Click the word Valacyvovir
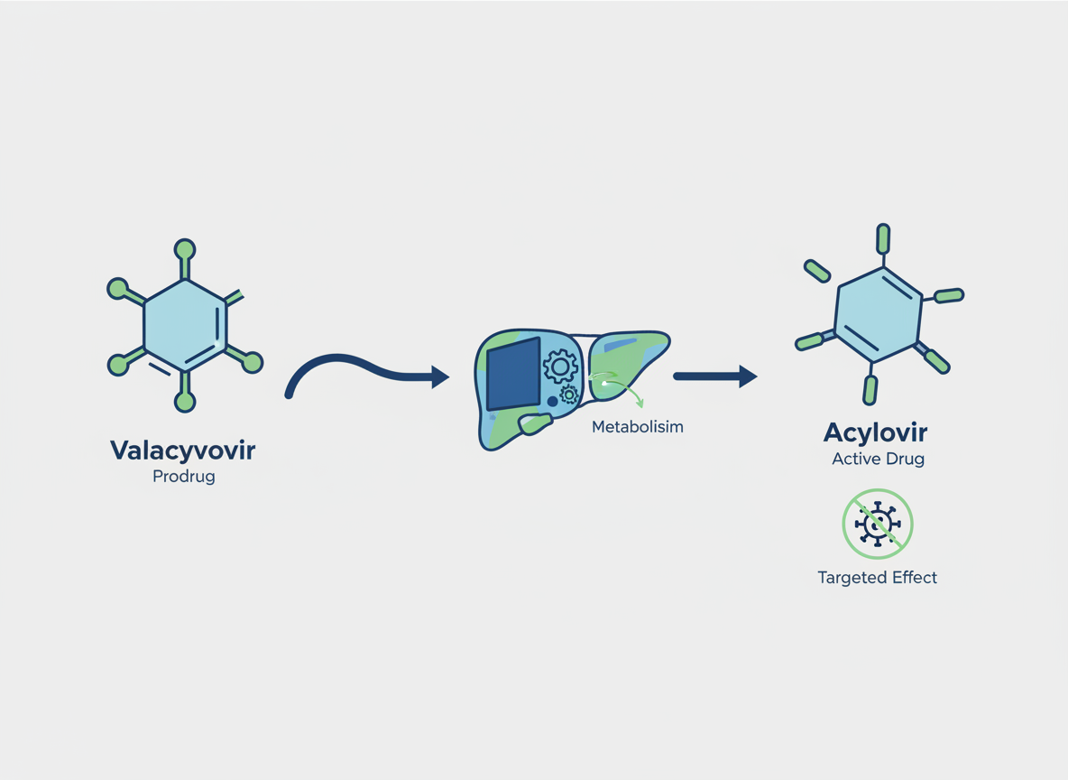[183, 450]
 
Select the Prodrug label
[184, 477]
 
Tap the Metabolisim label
[637, 426]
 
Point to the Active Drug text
[878, 459]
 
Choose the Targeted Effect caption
[877, 578]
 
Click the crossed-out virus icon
[878, 525]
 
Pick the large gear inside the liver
[560, 367]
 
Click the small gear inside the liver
[569, 395]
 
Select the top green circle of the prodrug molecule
[185, 250]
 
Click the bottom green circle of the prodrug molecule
[185, 401]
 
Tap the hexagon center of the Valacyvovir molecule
[185, 326]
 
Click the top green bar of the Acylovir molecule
[883, 239]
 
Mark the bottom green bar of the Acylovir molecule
[870, 390]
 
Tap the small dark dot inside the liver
[552, 401]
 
